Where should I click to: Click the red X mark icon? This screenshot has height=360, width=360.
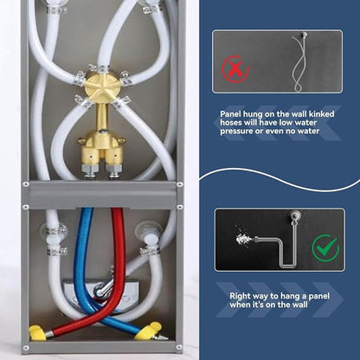pyautogui.click(x=235, y=69)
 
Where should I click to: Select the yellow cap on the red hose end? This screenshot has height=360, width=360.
pyautogui.click(x=36, y=332)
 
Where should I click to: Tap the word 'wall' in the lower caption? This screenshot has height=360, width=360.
pyautogui.click(x=299, y=305)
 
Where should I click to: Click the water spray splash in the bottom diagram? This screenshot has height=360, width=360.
pyautogui.click(x=244, y=238)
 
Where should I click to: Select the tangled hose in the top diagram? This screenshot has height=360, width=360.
pyautogui.click(x=299, y=63)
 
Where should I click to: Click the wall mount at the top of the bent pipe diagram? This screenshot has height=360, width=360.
pyautogui.click(x=295, y=215)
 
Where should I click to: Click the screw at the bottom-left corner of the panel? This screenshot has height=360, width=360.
pyautogui.click(x=26, y=347)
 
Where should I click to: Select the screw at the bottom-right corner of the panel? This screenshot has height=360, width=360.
pyautogui.click(x=179, y=347)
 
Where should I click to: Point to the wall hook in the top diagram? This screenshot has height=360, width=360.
pyautogui.click(x=304, y=35)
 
